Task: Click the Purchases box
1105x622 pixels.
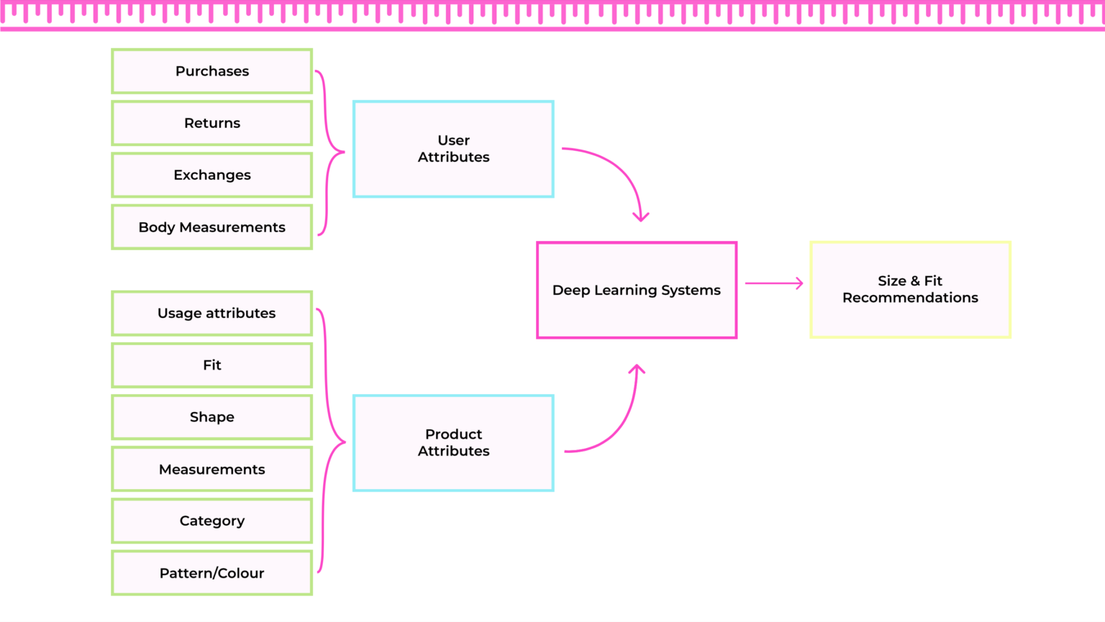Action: [212, 71]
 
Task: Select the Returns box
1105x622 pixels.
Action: [212, 123]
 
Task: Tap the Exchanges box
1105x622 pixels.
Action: [212, 175]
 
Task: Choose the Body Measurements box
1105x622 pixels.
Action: [212, 227]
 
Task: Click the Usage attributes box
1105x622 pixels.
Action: [212, 313]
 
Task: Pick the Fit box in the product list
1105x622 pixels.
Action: [212, 365]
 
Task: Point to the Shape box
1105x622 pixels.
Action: [212, 417]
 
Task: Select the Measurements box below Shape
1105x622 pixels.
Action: [212, 469]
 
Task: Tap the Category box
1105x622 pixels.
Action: [212, 521]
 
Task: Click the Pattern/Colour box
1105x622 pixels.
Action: [212, 573]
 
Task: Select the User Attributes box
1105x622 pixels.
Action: [453, 149]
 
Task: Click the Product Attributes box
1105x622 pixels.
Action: [453, 443]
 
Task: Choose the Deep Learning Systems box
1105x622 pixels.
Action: [637, 290]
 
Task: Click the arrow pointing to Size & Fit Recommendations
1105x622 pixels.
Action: [773, 283]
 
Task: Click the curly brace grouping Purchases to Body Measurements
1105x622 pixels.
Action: [327, 152]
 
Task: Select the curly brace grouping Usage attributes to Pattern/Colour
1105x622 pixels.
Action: [327, 442]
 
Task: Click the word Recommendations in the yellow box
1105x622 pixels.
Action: [910, 298]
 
